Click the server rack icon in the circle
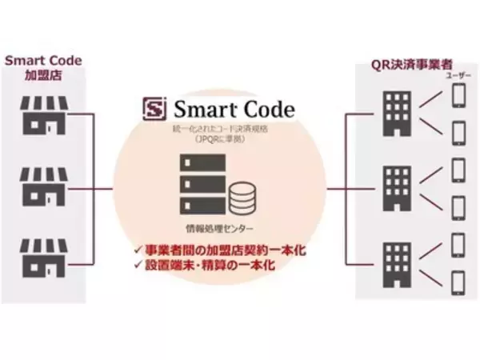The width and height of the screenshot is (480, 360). (199, 181)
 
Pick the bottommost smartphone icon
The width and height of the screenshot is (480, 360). (459, 282)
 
